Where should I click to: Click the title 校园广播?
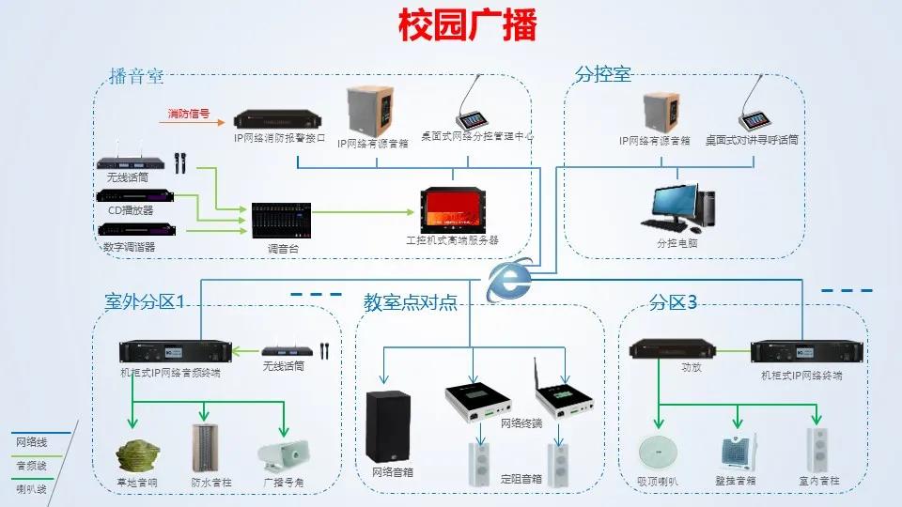[x=466, y=25]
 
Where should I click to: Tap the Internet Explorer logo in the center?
[x=508, y=279]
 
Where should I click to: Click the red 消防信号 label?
[x=189, y=115]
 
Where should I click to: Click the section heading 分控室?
[x=602, y=74]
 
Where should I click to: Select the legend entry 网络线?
[x=30, y=442]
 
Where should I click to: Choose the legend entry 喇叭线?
[x=30, y=488]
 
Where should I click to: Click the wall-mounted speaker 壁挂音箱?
[x=738, y=453]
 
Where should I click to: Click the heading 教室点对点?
[x=411, y=302]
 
